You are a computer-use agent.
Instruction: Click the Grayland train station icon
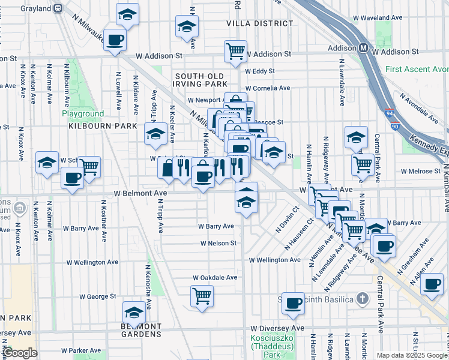[x=58, y=8]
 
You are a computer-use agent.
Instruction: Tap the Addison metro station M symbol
[x=364, y=48]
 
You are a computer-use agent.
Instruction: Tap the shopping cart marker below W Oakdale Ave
[x=202, y=295]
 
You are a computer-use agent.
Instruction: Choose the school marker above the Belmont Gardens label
[x=134, y=312]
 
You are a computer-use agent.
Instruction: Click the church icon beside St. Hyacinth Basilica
[x=362, y=298]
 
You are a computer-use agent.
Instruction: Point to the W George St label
[x=97, y=296]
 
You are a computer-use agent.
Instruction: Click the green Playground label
[x=82, y=113]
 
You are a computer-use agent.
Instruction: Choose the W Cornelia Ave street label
[x=265, y=88]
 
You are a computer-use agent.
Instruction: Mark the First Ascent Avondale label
[x=417, y=70]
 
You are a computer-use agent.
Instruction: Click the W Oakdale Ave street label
[x=215, y=278]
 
